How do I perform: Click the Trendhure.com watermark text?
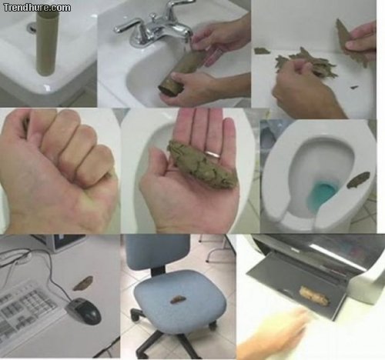36,8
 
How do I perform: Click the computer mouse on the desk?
84,311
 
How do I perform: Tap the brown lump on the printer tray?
314,295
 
